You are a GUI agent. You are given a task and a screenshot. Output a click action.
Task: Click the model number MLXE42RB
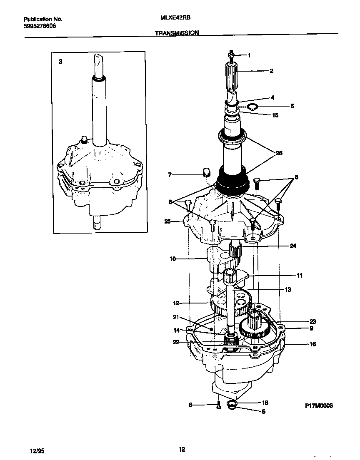pos(172,19)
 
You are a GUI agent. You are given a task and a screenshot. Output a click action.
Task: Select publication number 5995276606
pos(40,26)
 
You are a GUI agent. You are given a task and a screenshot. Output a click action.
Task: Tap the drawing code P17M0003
pos(319,405)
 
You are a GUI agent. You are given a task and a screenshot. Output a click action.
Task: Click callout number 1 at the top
pos(249,55)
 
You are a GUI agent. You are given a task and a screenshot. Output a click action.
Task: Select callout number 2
pos(271,71)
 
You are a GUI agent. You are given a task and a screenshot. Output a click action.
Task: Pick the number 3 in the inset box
pos(60,61)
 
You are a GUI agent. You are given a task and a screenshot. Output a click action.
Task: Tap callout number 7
pos(170,175)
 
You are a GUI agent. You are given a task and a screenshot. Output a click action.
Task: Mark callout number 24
pos(293,246)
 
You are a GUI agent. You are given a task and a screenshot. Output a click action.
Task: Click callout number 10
pos(172,259)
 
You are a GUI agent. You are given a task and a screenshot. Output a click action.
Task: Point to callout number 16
pos(312,344)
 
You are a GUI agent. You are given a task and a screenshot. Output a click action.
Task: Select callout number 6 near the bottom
pos(190,405)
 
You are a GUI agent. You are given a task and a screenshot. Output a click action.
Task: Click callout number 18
pos(265,403)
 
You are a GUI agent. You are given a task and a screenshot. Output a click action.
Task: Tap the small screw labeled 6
pos(217,405)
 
